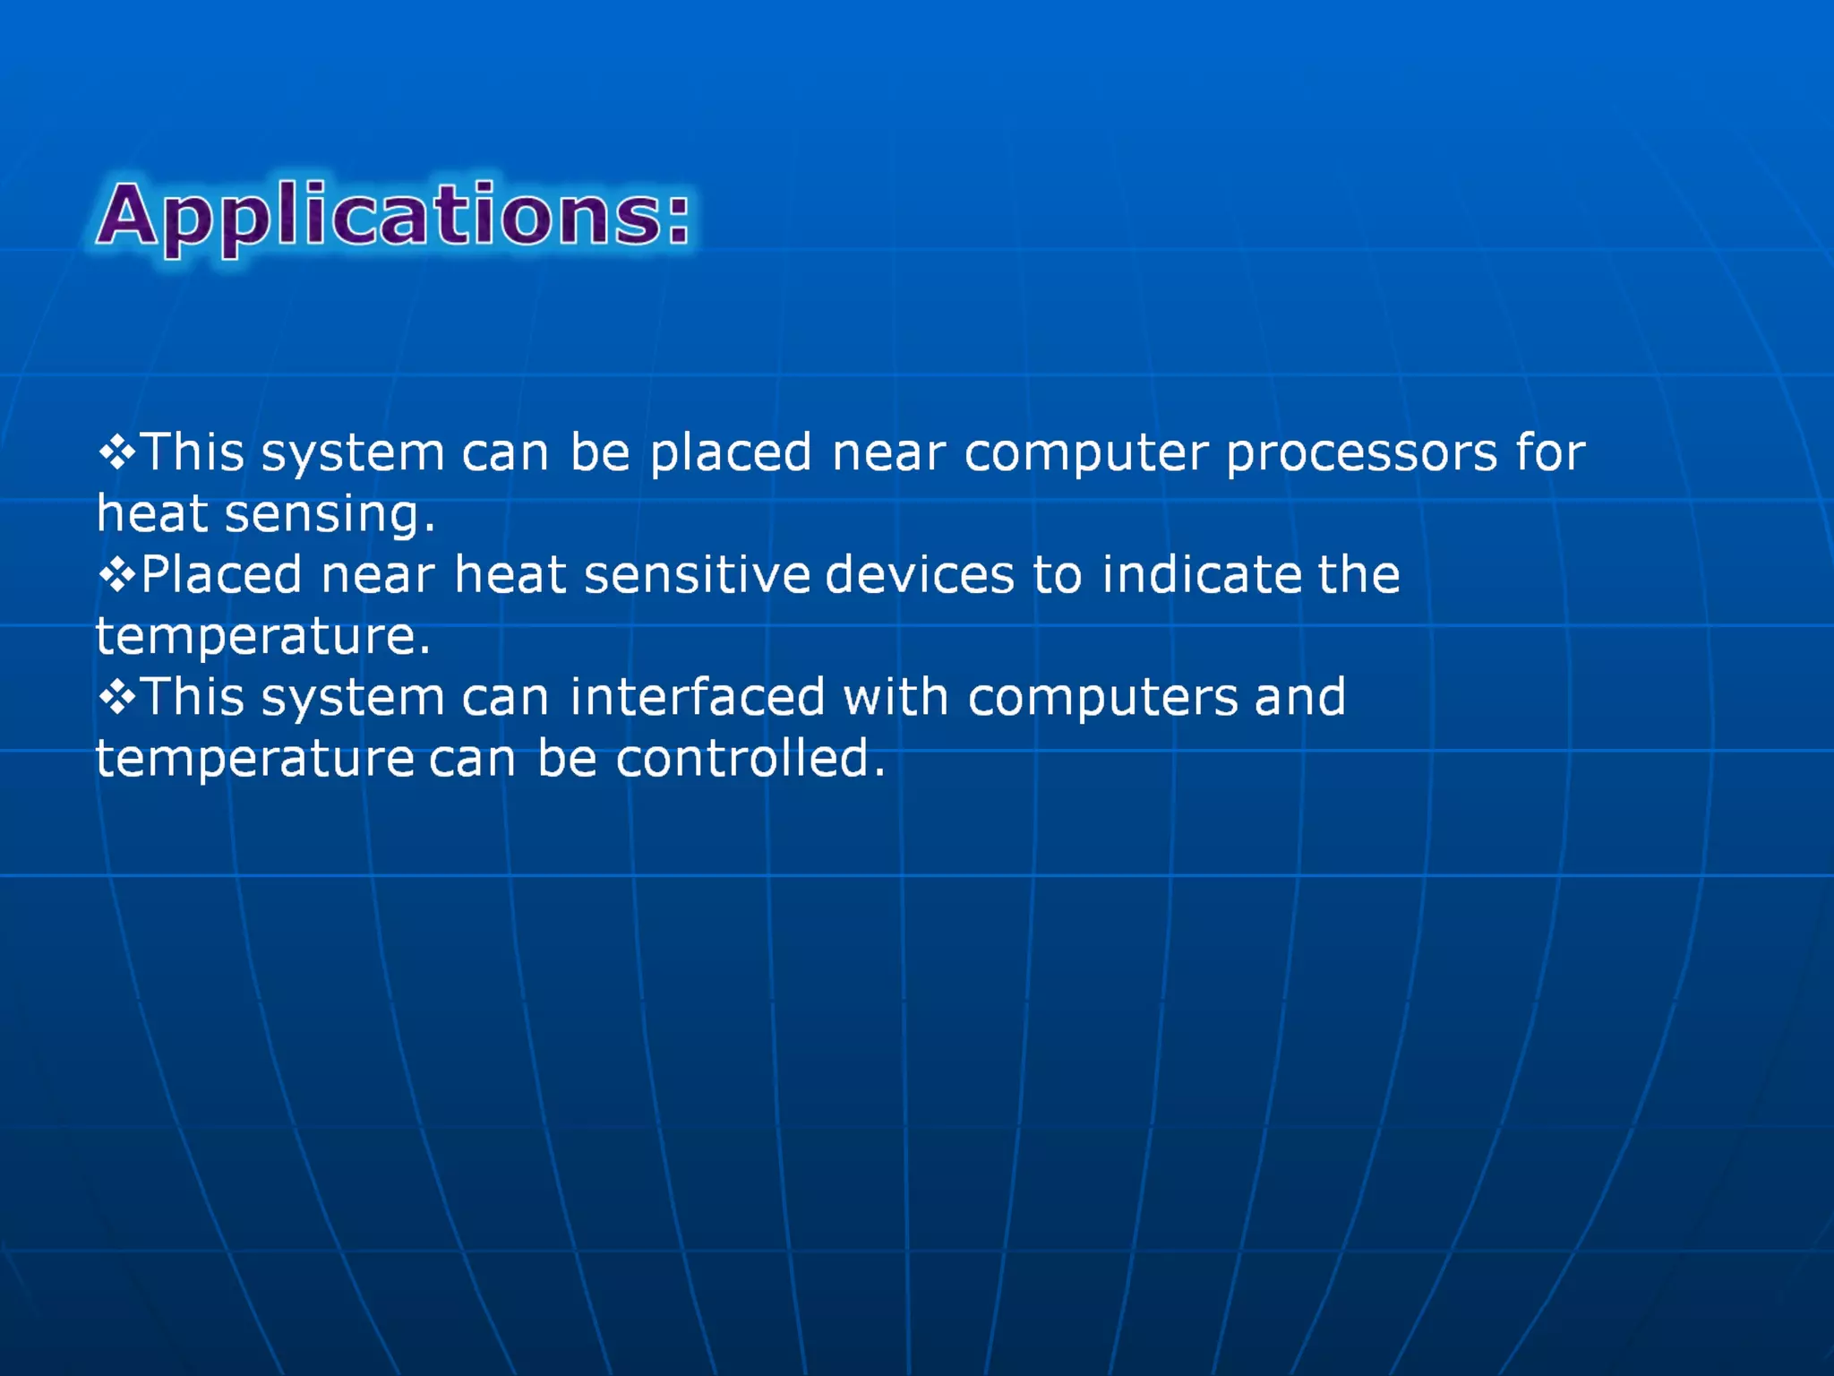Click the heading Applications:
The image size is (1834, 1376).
pos(394,215)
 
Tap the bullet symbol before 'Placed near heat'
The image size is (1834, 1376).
pos(116,575)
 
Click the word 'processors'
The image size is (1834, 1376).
pos(1361,453)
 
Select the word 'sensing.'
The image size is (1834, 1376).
pos(330,516)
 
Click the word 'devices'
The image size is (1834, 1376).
pos(920,575)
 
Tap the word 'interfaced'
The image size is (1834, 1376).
pos(698,698)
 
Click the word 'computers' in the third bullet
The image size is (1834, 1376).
pos(1103,698)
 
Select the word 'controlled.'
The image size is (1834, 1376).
pos(750,759)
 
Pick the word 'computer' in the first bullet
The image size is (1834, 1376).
pos(1086,453)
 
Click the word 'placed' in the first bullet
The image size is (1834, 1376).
pos(731,453)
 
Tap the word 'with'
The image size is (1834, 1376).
pos(896,698)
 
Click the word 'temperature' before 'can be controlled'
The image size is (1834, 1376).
pos(255,759)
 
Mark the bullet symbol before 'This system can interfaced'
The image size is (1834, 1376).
pos(116,698)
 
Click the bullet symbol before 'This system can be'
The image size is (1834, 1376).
pos(116,453)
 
